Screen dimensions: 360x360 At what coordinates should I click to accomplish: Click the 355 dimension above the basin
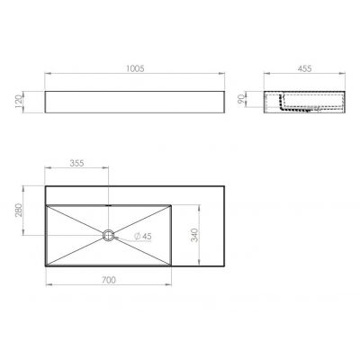(76, 165)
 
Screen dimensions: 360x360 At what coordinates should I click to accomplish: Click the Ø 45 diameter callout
(141, 236)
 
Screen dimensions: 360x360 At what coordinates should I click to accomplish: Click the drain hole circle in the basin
(109, 236)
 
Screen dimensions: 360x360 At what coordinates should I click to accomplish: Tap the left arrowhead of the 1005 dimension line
(47, 76)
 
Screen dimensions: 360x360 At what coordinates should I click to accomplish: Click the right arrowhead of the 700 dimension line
(171, 288)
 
